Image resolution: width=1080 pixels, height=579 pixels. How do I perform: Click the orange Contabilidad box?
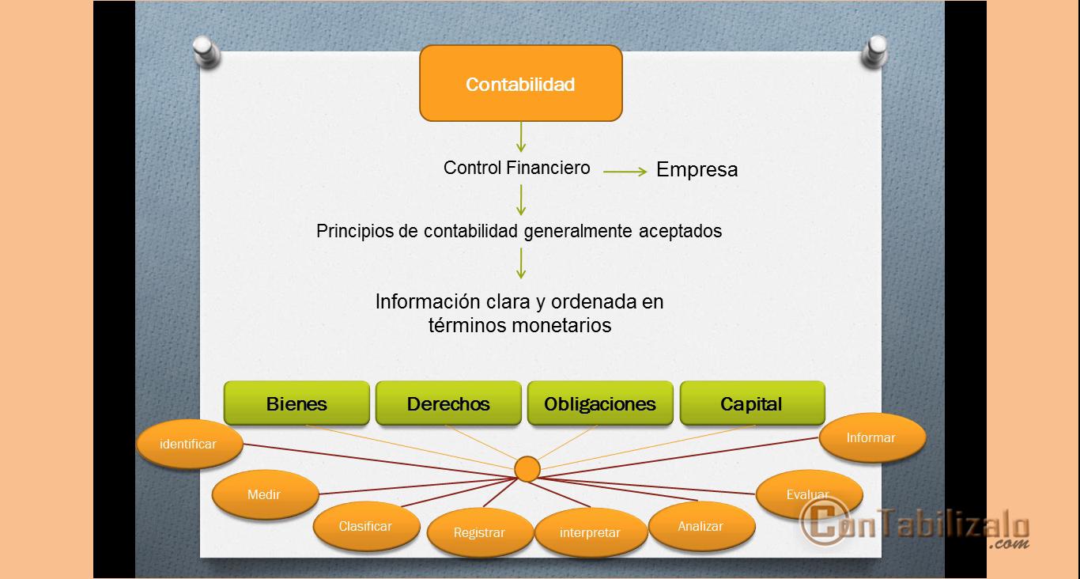[520, 84]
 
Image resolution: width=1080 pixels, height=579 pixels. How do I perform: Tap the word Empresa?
[697, 169]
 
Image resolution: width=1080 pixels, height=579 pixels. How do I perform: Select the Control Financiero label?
[516, 168]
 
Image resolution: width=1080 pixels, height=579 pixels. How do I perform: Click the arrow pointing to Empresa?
[625, 171]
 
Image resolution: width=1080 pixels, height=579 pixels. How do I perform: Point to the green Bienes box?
[296, 403]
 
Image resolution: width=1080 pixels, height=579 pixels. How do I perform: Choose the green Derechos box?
[448, 403]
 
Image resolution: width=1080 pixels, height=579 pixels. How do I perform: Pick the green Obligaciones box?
[600, 403]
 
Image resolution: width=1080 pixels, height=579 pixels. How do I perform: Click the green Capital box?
[751, 403]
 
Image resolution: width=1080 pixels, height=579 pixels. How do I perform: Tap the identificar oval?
[188, 444]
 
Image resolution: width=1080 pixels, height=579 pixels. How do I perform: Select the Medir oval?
[264, 495]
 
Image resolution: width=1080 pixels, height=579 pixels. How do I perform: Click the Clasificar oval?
[365, 527]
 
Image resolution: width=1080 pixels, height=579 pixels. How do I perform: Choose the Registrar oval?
[479, 533]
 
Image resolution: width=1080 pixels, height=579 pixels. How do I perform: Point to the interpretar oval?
[590, 533]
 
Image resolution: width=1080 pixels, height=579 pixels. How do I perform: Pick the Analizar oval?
[700, 526]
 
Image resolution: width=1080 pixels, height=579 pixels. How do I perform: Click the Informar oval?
[870, 437]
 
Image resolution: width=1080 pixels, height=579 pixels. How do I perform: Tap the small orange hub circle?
[527, 469]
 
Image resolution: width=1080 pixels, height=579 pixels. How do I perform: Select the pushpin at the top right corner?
[876, 51]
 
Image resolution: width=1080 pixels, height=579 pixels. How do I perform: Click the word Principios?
[353, 232]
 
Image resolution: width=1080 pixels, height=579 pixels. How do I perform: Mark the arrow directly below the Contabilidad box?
[520, 137]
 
